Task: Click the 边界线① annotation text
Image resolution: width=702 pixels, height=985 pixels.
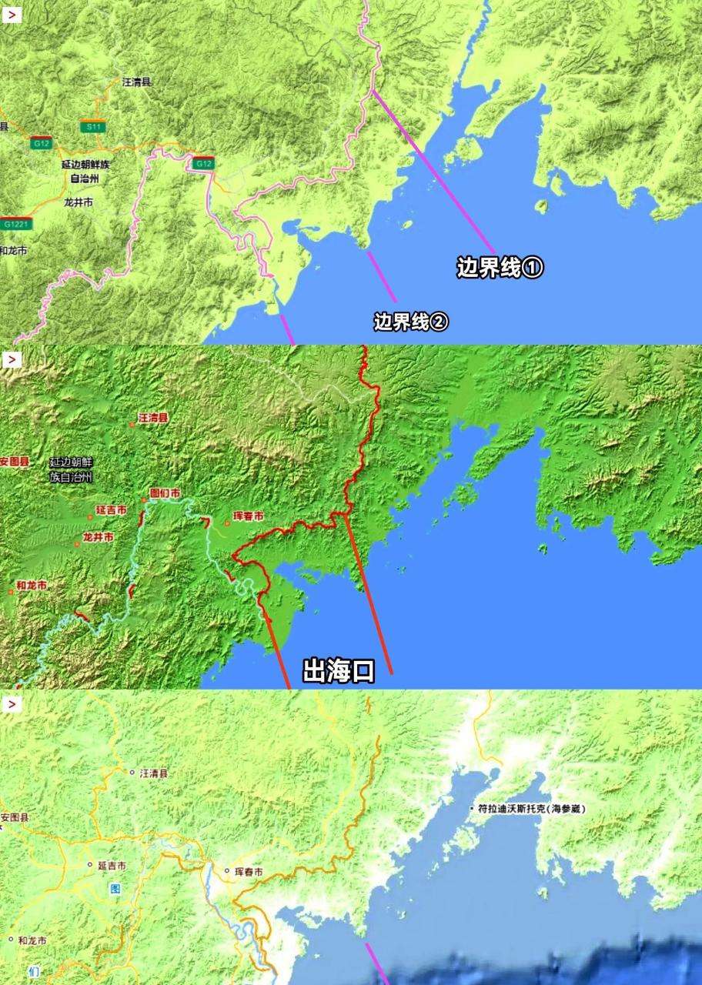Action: (x=500, y=268)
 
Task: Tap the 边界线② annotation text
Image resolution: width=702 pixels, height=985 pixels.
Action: (x=411, y=322)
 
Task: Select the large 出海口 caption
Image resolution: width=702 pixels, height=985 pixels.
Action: (x=339, y=672)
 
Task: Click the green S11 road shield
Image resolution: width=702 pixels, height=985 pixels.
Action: (x=93, y=126)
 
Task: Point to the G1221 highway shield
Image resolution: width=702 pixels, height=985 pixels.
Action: (x=16, y=224)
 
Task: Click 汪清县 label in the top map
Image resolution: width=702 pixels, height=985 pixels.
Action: (x=137, y=81)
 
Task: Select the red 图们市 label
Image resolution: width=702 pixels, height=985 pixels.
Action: (x=165, y=492)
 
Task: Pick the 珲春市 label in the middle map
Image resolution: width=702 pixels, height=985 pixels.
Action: (x=249, y=516)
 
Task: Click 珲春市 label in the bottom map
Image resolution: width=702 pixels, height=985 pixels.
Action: (x=248, y=872)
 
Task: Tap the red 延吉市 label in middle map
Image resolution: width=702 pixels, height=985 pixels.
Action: (x=112, y=509)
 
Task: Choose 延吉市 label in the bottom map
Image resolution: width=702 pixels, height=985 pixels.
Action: (x=112, y=865)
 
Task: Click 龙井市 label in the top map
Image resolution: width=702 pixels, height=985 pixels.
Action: (x=78, y=202)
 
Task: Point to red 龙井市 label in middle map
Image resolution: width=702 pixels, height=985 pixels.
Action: (x=99, y=536)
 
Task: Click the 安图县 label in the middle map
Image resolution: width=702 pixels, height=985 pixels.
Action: (x=15, y=461)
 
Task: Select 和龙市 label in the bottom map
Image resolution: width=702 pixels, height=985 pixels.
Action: (x=32, y=940)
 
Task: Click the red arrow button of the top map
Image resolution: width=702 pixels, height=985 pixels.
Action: (x=12, y=15)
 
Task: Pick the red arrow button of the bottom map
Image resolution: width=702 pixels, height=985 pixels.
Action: (x=12, y=704)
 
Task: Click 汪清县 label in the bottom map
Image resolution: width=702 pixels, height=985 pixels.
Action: (x=153, y=772)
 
